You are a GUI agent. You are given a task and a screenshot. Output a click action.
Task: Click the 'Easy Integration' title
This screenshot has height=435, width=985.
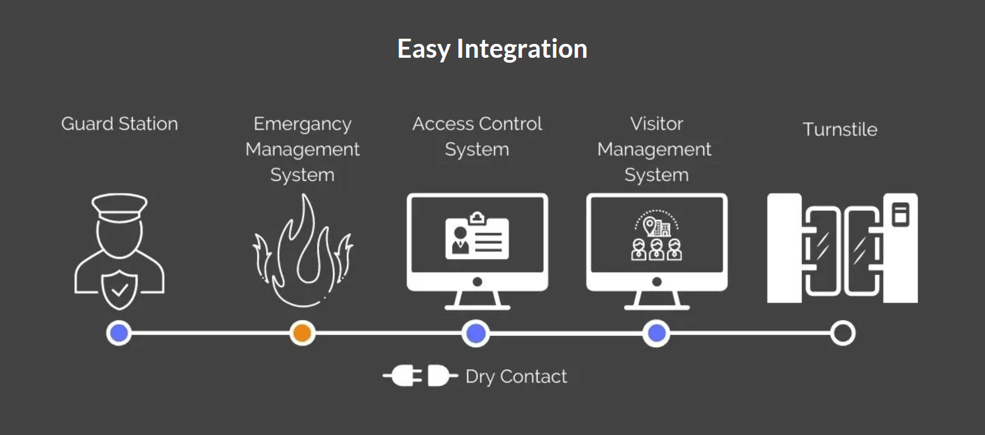tap(492, 49)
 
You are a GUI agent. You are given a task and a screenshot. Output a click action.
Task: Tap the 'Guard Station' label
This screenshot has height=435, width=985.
tap(120, 124)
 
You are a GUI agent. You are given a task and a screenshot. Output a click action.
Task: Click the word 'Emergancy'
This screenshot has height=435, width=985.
tap(302, 124)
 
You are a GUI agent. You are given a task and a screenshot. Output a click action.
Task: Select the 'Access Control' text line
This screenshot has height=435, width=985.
tap(477, 124)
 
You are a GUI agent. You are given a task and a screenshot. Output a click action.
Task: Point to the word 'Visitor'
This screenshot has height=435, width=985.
tap(656, 124)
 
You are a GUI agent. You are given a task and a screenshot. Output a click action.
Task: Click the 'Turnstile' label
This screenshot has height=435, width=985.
tap(840, 129)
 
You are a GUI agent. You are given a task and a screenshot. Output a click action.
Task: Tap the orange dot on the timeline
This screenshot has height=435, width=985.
tap(302, 333)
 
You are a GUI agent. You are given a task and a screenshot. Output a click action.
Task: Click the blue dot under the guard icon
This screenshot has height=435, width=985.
tap(119, 333)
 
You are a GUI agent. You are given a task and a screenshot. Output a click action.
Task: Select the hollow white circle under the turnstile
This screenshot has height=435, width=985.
tap(842, 333)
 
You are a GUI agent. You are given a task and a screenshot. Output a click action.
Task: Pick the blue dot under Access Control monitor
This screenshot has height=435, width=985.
tap(476, 333)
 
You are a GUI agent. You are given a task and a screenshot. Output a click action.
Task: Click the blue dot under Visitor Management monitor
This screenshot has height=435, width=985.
tap(656, 333)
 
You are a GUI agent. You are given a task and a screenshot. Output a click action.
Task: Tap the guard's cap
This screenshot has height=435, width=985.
tap(120, 207)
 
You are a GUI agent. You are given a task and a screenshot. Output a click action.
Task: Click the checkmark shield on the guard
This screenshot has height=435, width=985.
tap(120, 288)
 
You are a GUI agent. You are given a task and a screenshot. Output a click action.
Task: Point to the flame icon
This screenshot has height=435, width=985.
tap(303, 251)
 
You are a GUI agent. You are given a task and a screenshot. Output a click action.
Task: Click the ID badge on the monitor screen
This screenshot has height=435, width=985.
tap(477, 237)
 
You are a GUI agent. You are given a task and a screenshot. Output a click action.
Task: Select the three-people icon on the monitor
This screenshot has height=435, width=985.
tap(656, 250)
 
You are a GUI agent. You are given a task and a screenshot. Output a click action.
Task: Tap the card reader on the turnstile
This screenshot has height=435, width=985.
tap(900, 214)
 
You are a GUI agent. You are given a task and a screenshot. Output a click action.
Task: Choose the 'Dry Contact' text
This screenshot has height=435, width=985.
tap(516, 377)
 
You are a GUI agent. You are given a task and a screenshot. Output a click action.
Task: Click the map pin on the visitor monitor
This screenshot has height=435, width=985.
tap(650, 225)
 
